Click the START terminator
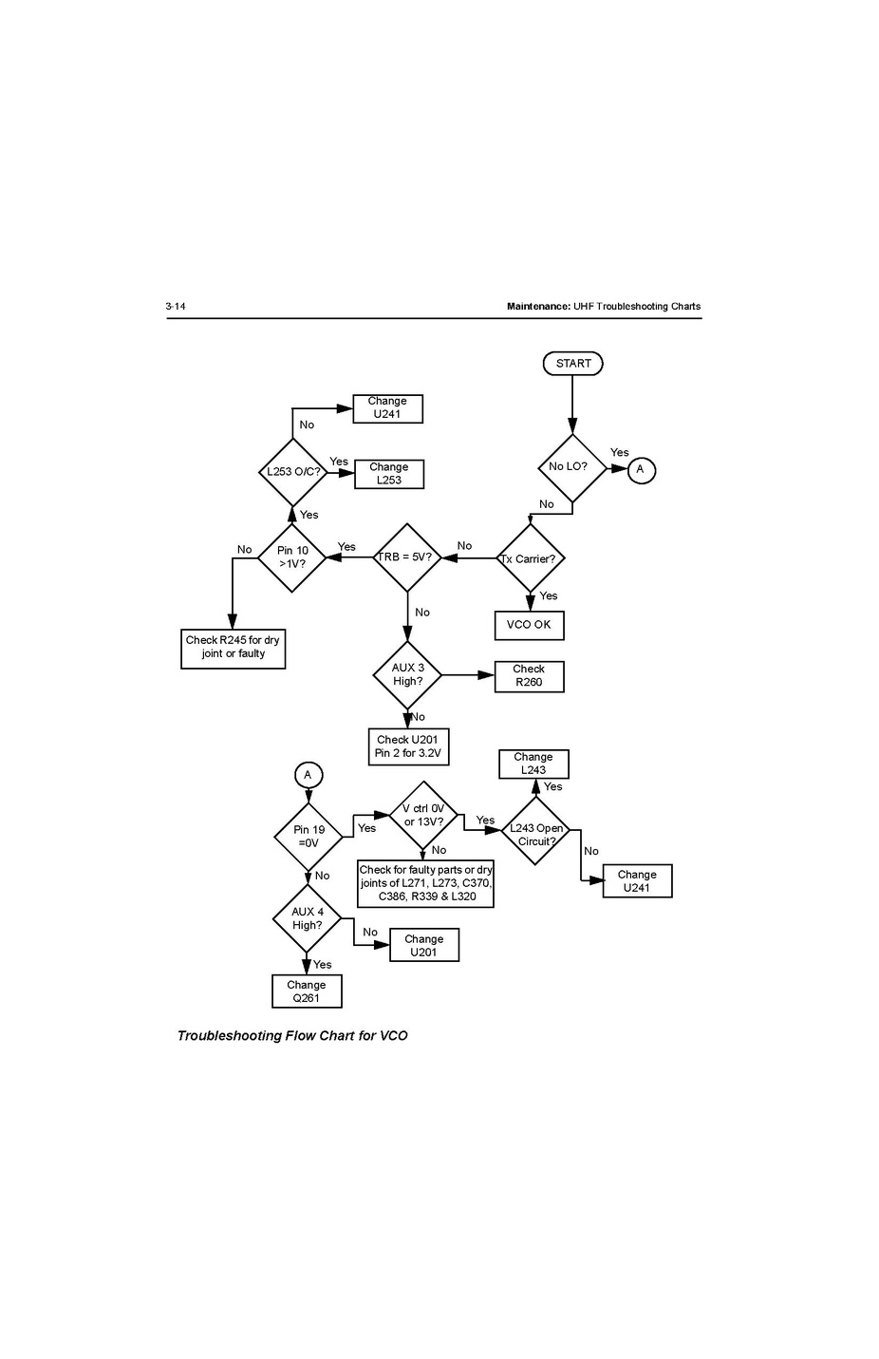[x=572, y=364]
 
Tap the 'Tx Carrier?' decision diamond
[x=530, y=558]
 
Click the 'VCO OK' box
[x=529, y=625]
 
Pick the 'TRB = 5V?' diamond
[x=407, y=557]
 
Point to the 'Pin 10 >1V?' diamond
[x=292, y=557]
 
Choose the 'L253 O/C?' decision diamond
[x=293, y=472]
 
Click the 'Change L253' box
[x=389, y=474]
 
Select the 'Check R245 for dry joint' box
[x=233, y=648]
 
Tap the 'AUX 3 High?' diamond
[x=408, y=675]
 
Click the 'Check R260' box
[x=529, y=676]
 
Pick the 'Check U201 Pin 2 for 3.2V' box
[x=408, y=746]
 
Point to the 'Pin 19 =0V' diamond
[x=309, y=837]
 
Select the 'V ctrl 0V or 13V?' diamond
[x=423, y=816]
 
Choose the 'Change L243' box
[x=533, y=764]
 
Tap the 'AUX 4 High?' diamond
[x=307, y=918]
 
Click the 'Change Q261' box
[x=307, y=991]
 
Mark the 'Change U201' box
[x=424, y=945]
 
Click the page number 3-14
[x=176, y=306]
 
